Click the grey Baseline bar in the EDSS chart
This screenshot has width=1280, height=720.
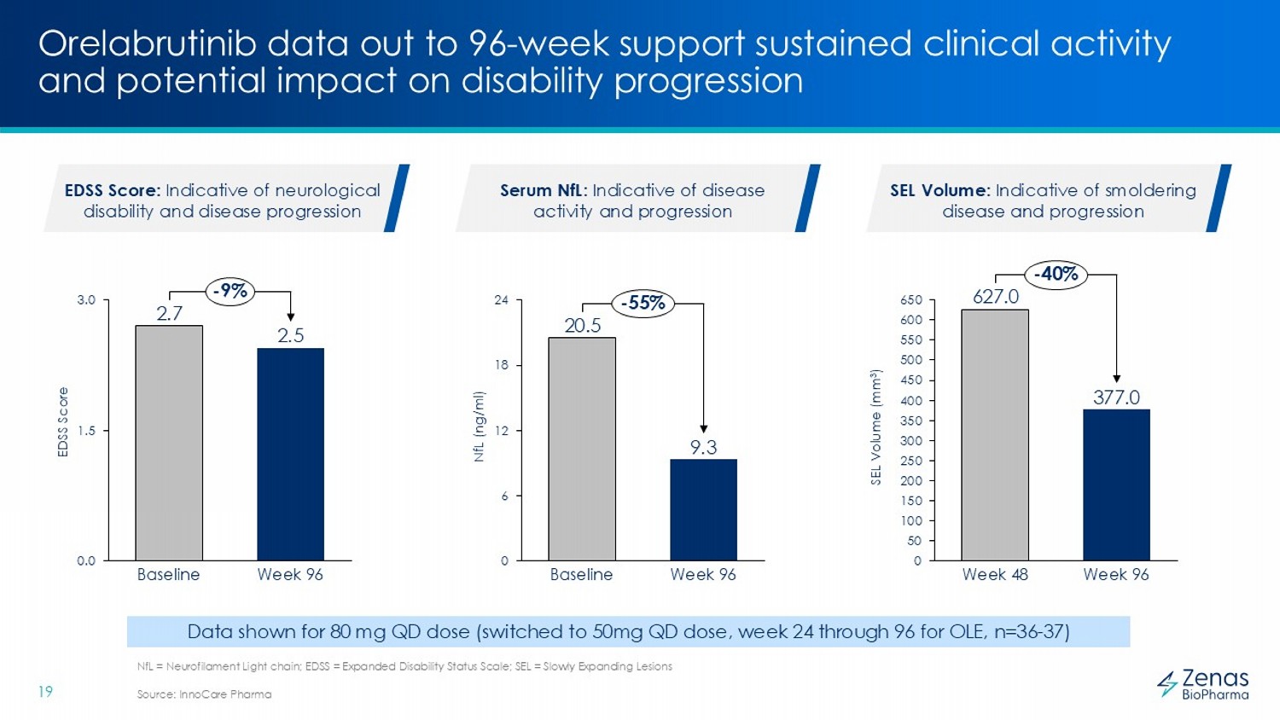pyautogui.click(x=169, y=443)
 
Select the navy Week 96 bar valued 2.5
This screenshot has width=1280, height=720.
pyautogui.click(x=290, y=454)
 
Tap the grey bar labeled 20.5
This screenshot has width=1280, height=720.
pyautogui.click(x=582, y=449)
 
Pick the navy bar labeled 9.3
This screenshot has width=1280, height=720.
pyautogui.click(x=703, y=509)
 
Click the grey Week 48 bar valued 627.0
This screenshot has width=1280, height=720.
pyautogui.click(x=995, y=434)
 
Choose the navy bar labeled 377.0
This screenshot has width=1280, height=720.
pyautogui.click(x=1116, y=485)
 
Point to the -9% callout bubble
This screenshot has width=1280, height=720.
pyautogui.click(x=230, y=291)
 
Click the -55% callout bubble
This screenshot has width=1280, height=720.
pyautogui.click(x=643, y=303)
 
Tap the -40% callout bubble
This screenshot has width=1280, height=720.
pyautogui.click(x=1056, y=274)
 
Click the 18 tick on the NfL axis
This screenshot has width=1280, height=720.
pyautogui.click(x=502, y=365)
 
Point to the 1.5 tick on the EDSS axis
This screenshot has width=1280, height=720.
pyautogui.click(x=87, y=431)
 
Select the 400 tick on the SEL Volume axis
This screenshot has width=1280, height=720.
pyautogui.click(x=911, y=401)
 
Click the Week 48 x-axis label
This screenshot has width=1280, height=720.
pyautogui.click(x=995, y=575)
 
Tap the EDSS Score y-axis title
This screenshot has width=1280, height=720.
pyautogui.click(x=63, y=422)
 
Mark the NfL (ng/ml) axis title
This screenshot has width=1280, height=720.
pyautogui.click(x=479, y=427)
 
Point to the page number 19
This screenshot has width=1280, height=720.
pyautogui.click(x=45, y=692)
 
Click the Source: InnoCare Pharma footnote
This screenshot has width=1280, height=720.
pyautogui.click(x=204, y=694)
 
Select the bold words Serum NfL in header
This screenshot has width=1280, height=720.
pyautogui.click(x=542, y=190)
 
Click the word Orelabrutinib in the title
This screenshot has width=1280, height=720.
pyautogui.click(x=147, y=44)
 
